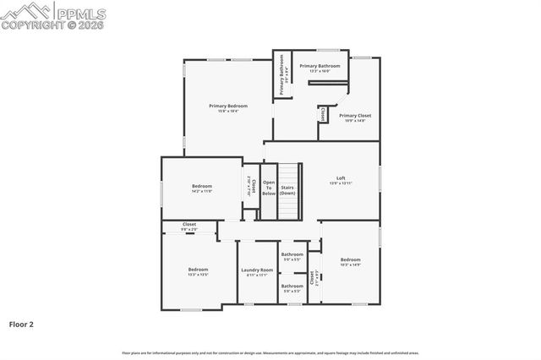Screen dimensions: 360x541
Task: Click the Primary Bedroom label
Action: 228,106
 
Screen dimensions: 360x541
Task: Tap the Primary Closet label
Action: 355,116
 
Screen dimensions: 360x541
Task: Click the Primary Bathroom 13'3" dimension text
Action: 320,72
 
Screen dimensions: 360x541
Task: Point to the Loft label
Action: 341,178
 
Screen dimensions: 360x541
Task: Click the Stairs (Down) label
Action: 287,190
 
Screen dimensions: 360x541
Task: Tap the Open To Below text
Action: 269,188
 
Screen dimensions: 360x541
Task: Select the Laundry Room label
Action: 257,270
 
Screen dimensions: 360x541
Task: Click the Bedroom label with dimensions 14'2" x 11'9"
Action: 201,186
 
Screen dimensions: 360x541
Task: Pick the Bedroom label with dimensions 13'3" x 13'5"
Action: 198,270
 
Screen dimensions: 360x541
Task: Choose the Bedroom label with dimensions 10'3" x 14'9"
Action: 350,259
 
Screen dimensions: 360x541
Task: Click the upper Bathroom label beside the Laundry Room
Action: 292,254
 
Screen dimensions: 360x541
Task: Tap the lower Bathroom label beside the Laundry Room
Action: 292,286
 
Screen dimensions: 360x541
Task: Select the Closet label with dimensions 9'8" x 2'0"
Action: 189,225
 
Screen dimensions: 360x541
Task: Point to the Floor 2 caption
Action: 21,324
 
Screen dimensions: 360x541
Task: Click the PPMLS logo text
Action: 80,12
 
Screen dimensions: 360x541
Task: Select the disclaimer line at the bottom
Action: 270,352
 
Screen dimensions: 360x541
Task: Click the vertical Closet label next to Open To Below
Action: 253,186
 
